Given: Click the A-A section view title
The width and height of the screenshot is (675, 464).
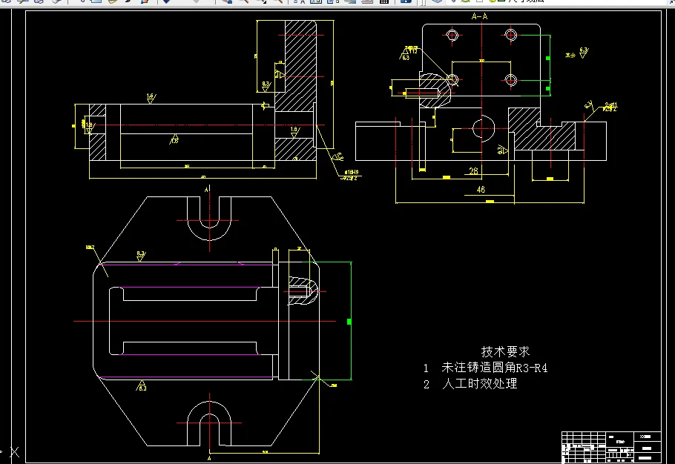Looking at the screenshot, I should coord(479,16).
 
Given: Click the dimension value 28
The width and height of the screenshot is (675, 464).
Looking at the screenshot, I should coord(473,171).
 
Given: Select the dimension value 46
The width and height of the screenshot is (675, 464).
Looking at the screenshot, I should coord(481,190).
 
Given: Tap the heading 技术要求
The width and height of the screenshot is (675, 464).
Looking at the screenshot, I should coord(505,351).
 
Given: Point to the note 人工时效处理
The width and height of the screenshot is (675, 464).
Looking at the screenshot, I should coord(480,384).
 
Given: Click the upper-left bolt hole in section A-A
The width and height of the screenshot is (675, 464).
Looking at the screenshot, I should coord(452,35).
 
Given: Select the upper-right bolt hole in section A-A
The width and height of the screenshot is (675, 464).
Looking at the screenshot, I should coord(510,35).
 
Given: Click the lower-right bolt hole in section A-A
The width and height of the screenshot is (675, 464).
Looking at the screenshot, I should coord(510,79).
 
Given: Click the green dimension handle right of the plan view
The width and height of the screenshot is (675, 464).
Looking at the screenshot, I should coord(349,322).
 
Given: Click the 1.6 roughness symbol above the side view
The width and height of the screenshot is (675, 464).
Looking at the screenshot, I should coord(151,97).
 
